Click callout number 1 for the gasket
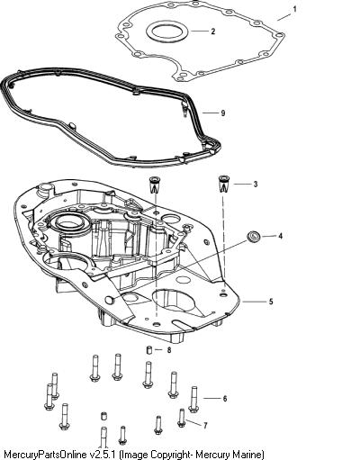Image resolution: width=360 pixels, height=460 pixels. (294, 9)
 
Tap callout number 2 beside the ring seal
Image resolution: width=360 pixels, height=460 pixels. (212, 32)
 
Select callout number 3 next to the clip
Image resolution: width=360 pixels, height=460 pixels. (256, 184)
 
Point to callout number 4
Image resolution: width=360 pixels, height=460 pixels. (280, 236)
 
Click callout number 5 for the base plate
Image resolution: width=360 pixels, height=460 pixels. (271, 302)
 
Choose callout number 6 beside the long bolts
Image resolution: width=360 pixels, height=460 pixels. (225, 399)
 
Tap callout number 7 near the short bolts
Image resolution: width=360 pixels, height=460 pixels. (205, 426)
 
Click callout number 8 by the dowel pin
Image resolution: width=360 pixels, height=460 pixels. (169, 350)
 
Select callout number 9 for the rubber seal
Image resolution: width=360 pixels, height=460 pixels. (223, 113)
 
